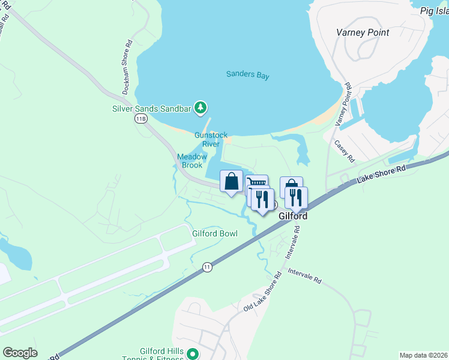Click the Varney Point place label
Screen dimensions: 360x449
click(x=363, y=32)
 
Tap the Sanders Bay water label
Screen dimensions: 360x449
click(x=247, y=76)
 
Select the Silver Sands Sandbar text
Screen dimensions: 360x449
click(x=151, y=109)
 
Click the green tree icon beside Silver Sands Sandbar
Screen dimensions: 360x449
click(x=200, y=108)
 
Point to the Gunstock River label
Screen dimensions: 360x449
click(x=211, y=140)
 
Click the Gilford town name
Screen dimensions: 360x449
click(x=294, y=216)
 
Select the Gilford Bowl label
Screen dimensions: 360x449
click(x=214, y=233)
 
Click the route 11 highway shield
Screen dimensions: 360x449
click(x=207, y=267)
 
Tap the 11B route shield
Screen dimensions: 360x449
click(x=140, y=119)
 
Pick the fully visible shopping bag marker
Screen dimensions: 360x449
click(x=232, y=182)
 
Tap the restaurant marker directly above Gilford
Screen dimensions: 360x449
click(x=296, y=197)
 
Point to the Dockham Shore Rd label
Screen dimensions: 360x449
click(x=127, y=67)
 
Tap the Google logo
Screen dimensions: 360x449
click(x=20, y=353)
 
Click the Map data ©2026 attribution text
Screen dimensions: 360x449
click(x=423, y=355)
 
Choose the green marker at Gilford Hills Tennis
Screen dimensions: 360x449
click(x=193, y=354)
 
